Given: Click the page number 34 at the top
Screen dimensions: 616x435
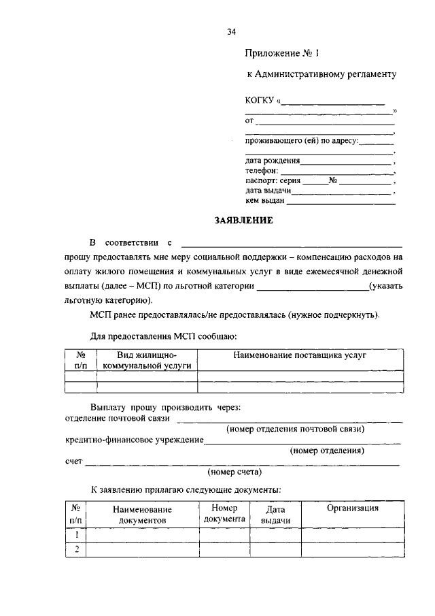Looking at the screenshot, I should click(x=232, y=31).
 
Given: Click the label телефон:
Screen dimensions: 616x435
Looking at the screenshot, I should click(x=262, y=172).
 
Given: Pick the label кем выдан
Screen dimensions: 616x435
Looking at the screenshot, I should click(x=265, y=201).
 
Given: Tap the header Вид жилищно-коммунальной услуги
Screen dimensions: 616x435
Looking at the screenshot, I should click(x=147, y=361).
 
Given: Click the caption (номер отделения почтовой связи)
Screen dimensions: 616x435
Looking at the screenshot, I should click(x=296, y=429).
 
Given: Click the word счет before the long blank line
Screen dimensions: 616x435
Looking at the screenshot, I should click(x=73, y=461).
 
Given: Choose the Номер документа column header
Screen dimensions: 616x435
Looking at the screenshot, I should click(x=224, y=513).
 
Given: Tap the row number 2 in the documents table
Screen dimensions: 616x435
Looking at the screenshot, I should click(x=77, y=550).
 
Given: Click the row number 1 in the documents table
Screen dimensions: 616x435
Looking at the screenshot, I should click(x=77, y=535).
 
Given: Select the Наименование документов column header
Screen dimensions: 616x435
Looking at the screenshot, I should click(x=142, y=515).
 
